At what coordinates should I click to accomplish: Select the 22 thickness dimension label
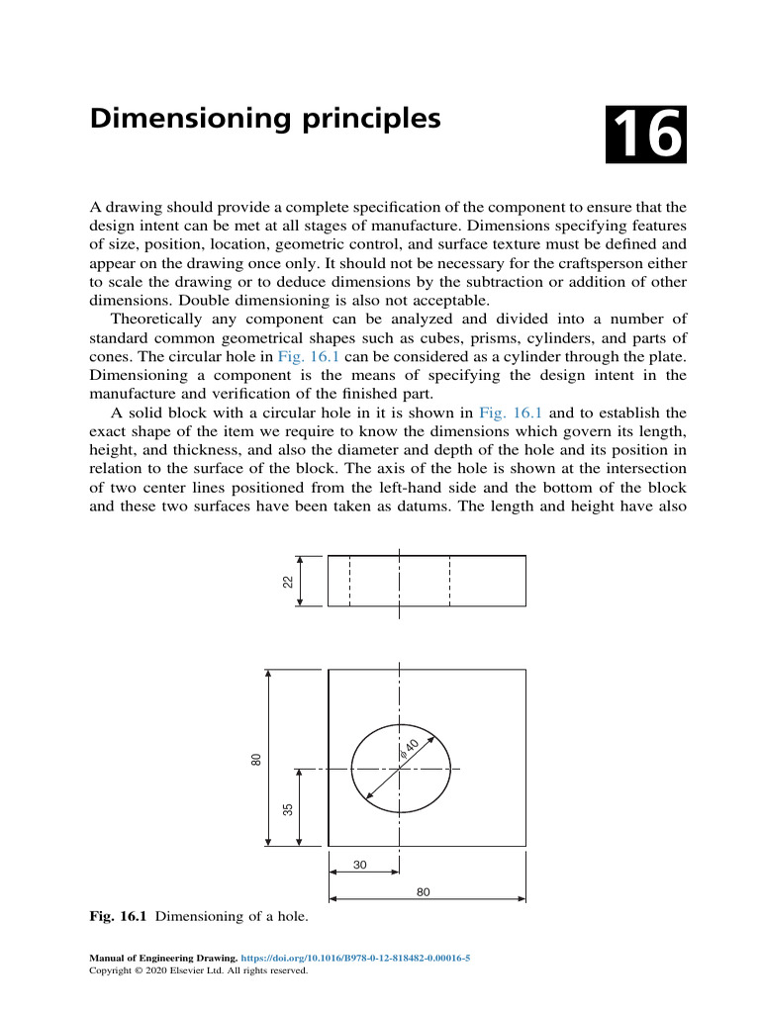(288, 581)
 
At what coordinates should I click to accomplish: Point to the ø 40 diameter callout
(411, 747)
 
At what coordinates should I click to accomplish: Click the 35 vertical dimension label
(288, 808)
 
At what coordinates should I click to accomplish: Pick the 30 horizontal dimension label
(360, 865)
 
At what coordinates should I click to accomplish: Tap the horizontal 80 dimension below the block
(424, 891)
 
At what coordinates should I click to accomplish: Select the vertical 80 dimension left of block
(256, 759)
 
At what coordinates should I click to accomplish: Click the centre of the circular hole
(400, 769)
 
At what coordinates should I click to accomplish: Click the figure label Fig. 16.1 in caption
(118, 917)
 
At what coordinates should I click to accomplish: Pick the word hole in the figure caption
(288, 917)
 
